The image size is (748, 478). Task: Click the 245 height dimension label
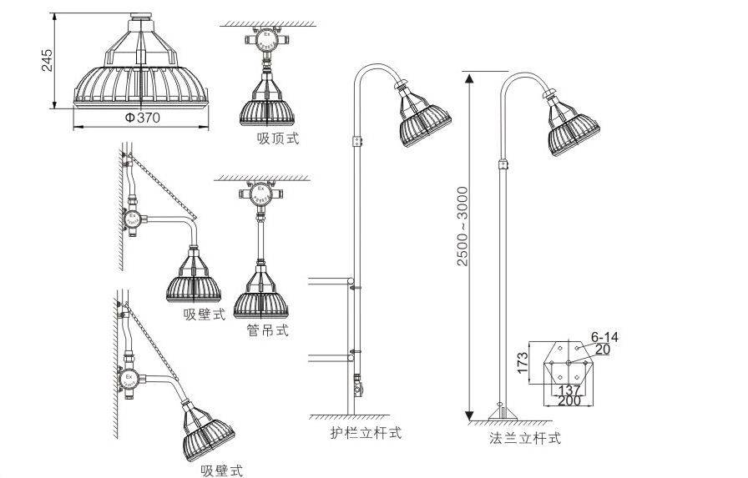[x=48, y=60]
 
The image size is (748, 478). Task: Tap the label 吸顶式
[x=278, y=138]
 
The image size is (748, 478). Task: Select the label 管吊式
[x=268, y=330]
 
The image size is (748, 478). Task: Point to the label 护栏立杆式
[x=366, y=433]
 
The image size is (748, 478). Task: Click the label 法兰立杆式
[x=525, y=437]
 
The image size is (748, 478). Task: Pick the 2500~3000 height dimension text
[x=463, y=225]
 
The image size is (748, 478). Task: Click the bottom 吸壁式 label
[x=221, y=471]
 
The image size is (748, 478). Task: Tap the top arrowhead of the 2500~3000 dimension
[x=469, y=78]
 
